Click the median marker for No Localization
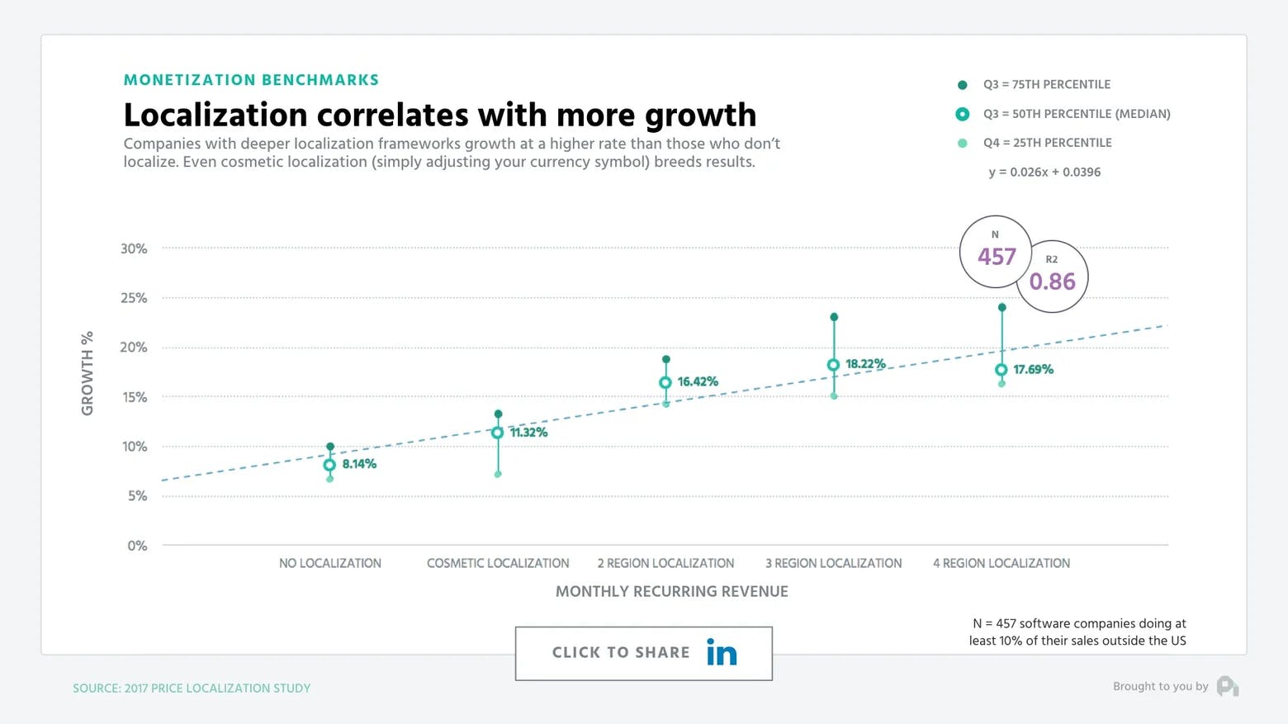click(329, 465)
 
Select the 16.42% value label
click(698, 381)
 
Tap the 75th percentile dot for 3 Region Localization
click(834, 317)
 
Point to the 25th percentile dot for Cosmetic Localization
click(498, 474)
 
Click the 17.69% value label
click(1033, 369)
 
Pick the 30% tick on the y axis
click(134, 248)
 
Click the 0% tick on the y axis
click(137, 546)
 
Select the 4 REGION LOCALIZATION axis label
click(1001, 563)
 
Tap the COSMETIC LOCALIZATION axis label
click(498, 563)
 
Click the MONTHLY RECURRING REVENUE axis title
click(671, 591)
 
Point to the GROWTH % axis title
click(87, 373)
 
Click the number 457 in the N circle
click(997, 257)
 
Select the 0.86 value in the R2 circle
click(1052, 282)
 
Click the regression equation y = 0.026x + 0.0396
click(1044, 172)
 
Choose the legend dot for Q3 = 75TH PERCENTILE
click(962, 85)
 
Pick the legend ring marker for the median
click(962, 114)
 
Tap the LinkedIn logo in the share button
click(721, 652)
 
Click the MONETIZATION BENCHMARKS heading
click(251, 80)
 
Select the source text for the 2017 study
click(192, 688)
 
